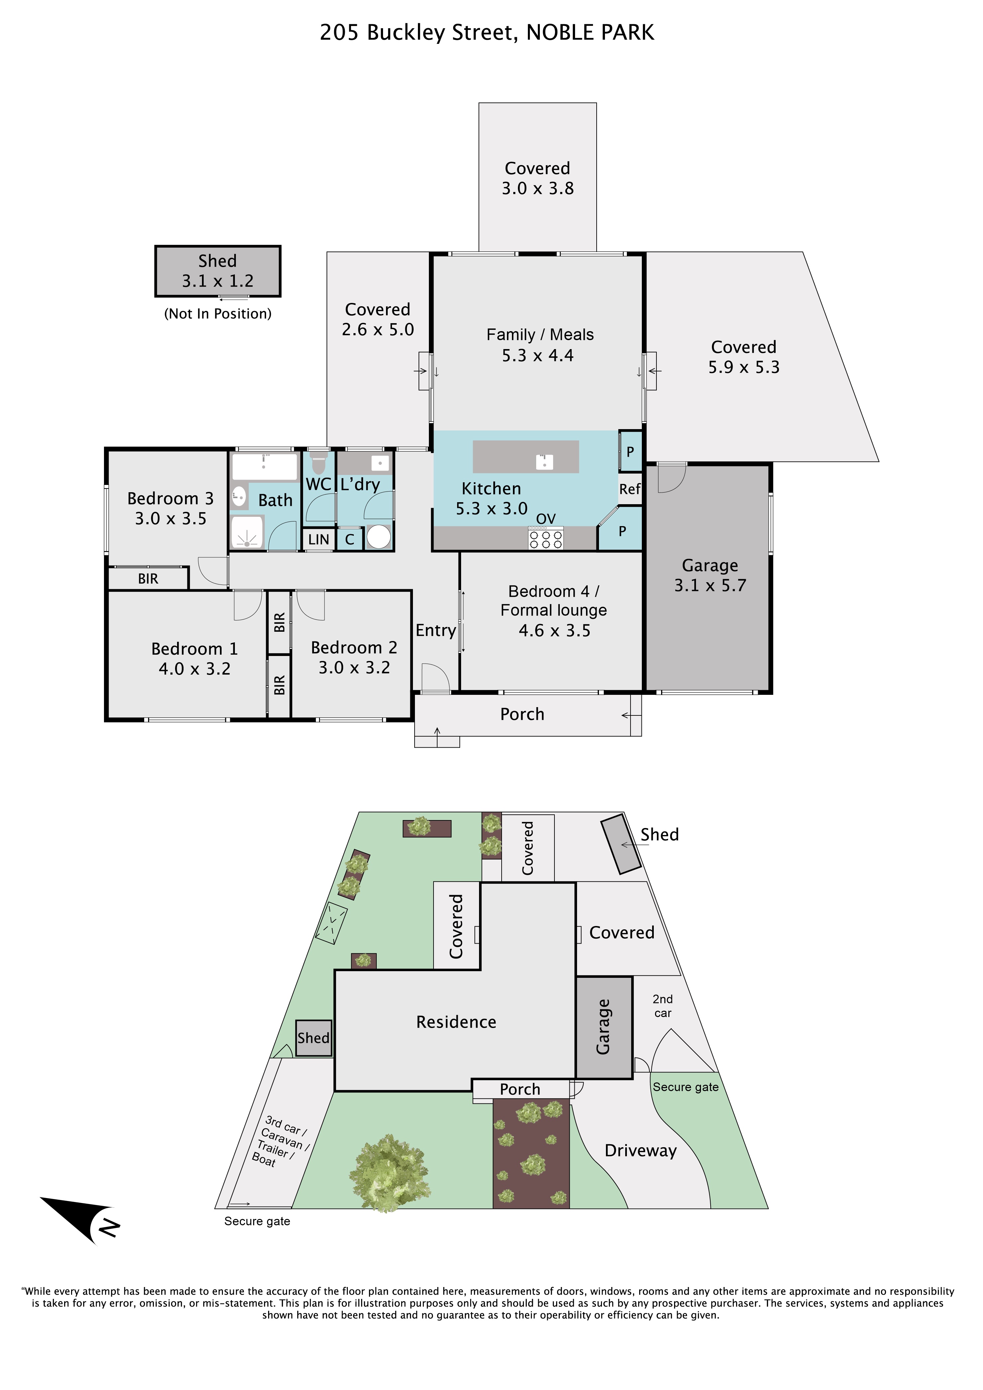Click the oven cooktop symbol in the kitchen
point(546,538)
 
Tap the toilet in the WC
point(319,463)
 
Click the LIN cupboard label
point(319,539)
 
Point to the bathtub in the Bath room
point(265,467)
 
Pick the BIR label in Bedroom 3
point(148,579)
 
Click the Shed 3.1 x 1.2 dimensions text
point(218,281)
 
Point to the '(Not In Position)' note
point(218,314)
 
